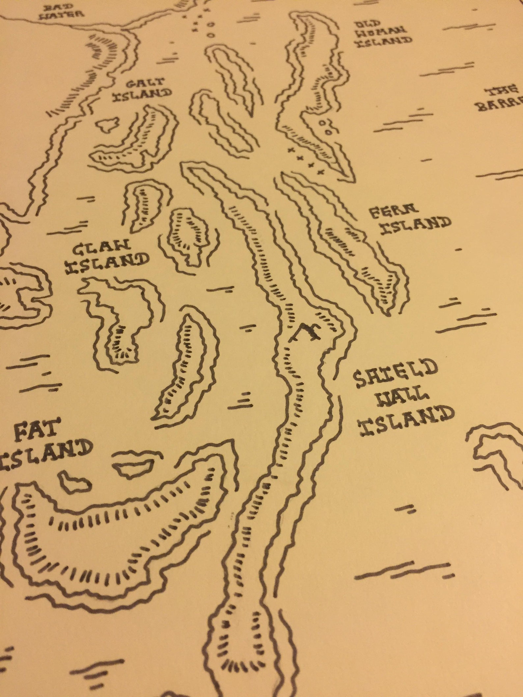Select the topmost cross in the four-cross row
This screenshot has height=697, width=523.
290,150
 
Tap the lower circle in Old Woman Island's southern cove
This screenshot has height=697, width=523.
328,131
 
